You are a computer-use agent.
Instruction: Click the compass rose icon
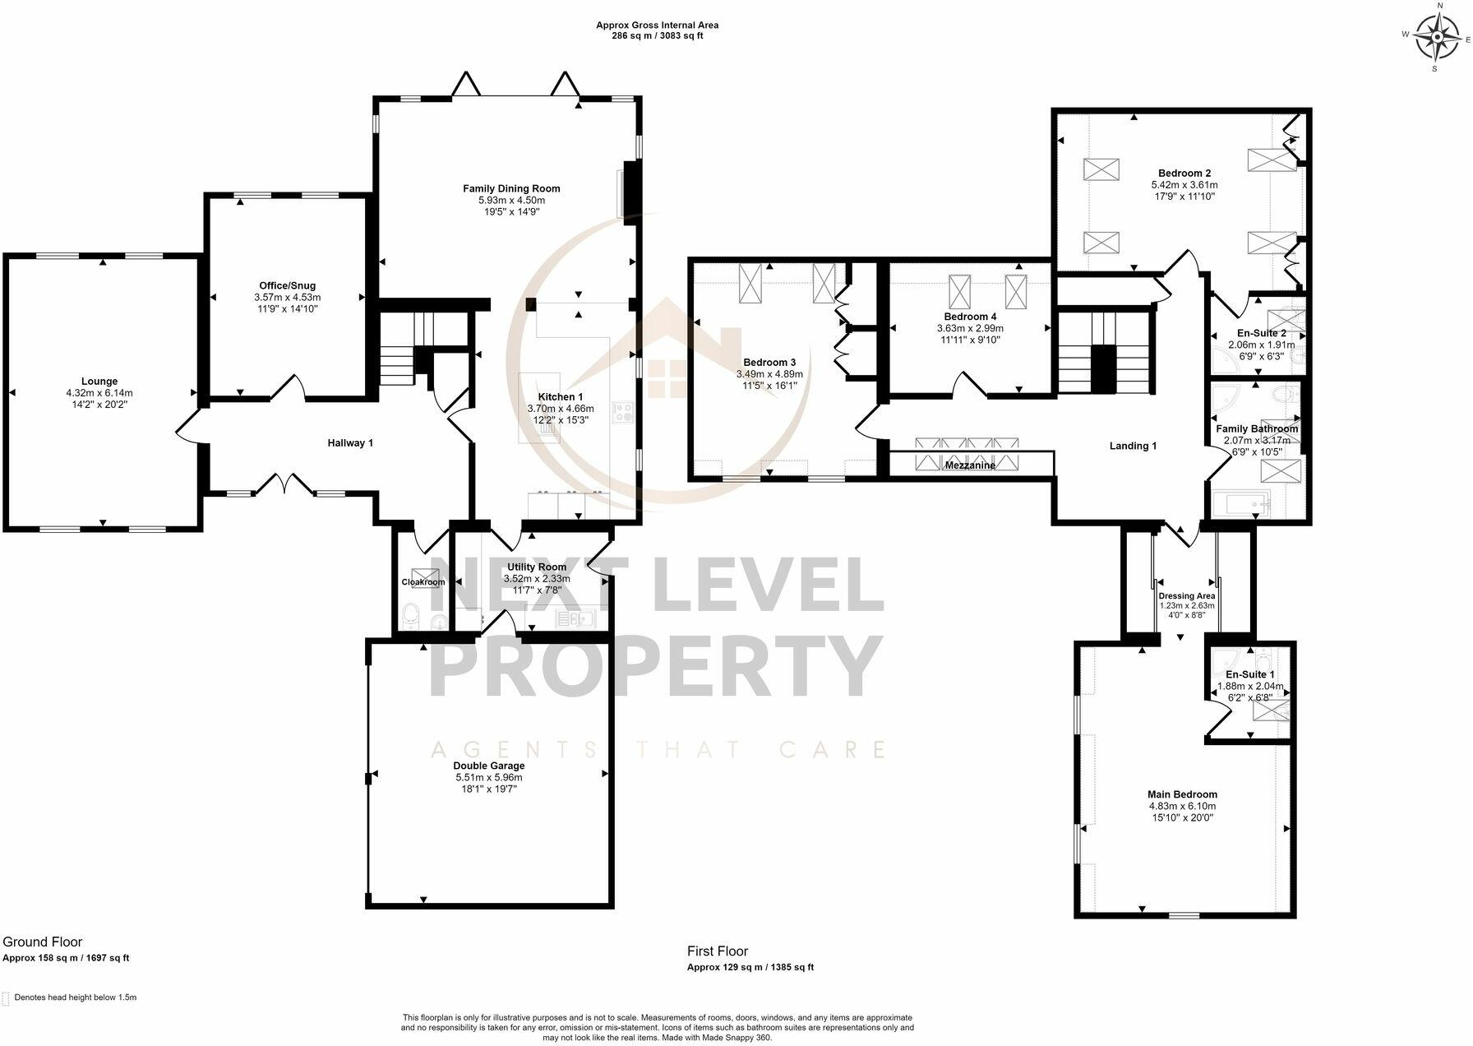click(1438, 37)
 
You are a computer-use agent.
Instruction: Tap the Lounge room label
click(99, 381)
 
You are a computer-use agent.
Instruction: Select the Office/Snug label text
click(287, 286)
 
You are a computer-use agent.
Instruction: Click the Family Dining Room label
click(511, 189)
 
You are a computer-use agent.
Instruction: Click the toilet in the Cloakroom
click(412, 614)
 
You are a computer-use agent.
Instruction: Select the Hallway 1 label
click(350, 443)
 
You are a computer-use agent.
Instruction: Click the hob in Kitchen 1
click(622, 412)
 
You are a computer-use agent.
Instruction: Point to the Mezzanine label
click(970, 465)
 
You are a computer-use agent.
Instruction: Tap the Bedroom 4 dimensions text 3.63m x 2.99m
click(970, 328)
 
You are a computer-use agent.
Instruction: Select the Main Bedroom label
click(1182, 794)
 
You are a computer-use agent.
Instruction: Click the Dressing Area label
click(1186, 596)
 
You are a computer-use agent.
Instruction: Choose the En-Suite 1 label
click(1249, 675)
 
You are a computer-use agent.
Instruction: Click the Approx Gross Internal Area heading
click(657, 25)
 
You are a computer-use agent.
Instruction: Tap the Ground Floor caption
click(43, 942)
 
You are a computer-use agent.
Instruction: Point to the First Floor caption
click(718, 951)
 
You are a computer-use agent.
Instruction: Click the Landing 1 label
click(1133, 446)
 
